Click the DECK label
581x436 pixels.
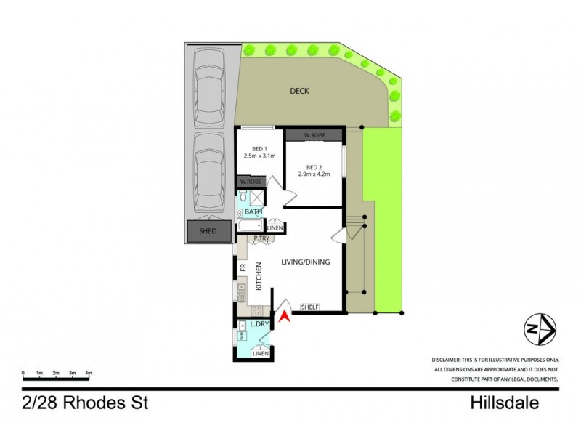point(299,91)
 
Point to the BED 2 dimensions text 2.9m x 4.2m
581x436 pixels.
point(314,174)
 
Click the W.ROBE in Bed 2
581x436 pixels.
point(313,136)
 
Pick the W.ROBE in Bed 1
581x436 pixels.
point(250,182)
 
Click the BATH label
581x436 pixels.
point(253,212)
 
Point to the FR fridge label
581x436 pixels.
point(242,267)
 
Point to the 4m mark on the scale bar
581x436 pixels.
point(89,372)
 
